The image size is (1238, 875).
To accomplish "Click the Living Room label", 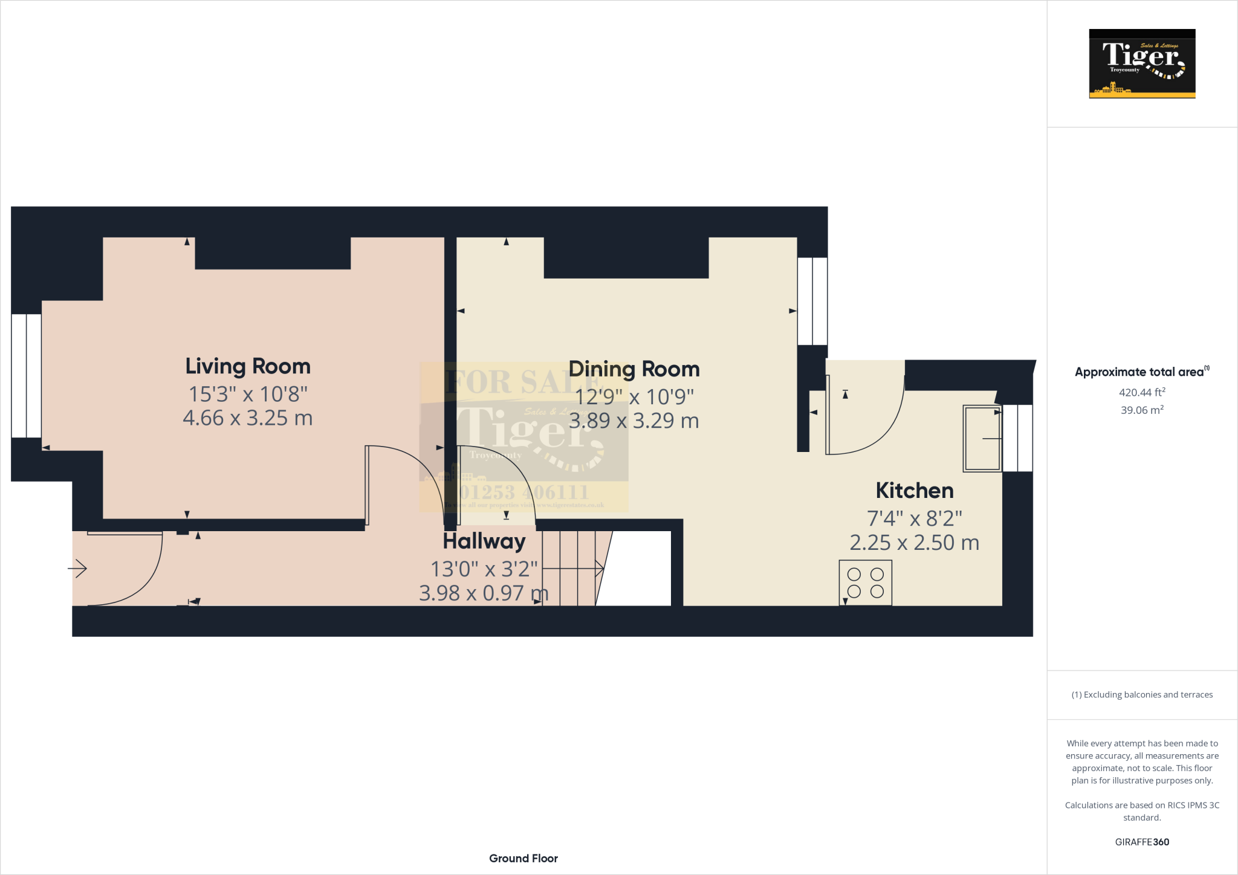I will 248,366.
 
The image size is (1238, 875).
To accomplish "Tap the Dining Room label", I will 634,369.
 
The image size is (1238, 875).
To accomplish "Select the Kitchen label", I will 914,491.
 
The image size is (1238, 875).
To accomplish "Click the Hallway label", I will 484,541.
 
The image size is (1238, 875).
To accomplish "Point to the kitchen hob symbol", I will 865,583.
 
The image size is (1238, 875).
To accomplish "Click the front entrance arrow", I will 77,569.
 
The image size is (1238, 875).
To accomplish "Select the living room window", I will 27,376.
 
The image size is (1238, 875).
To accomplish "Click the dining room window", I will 812,301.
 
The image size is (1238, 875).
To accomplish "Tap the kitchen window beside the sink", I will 1017,438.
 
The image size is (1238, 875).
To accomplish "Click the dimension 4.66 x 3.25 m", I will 248,418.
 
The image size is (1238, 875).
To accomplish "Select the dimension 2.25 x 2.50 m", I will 914,543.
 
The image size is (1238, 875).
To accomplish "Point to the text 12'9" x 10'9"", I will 634,397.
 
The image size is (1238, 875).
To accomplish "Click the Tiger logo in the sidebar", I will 1142,63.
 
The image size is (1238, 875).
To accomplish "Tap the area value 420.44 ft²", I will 1142,392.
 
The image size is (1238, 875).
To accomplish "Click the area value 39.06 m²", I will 1142,410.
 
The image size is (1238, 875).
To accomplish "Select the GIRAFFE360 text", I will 1142,842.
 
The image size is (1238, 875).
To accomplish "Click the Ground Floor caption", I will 523,858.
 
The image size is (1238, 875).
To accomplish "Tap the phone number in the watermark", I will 524,492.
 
